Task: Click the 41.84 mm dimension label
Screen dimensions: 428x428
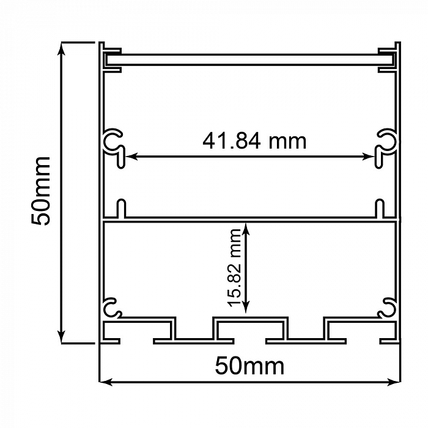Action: click(254, 141)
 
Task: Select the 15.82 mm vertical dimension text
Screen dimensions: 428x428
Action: click(235, 268)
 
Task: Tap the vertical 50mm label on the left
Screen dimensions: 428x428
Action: click(41, 191)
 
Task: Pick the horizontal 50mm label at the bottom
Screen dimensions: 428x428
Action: click(249, 366)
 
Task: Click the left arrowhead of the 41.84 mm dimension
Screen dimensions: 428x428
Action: click(130, 157)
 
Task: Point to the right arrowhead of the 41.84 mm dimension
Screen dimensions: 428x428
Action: click(369, 157)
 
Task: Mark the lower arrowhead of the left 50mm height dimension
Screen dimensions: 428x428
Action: click(62, 337)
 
